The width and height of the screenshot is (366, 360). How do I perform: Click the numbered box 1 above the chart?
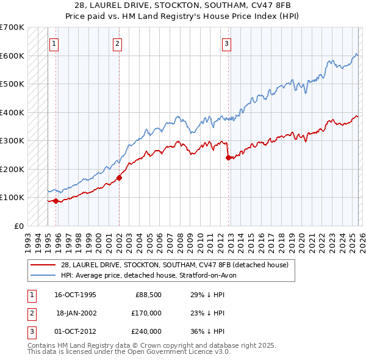pyautogui.click(x=54, y=43)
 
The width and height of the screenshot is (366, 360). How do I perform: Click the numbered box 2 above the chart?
pyautogui.click(x=117, y=43)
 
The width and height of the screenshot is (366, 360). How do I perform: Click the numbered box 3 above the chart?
pyautogui.click(x=226, y=43)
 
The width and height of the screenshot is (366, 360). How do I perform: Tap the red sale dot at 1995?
pyautogui.click(x=56, y=201)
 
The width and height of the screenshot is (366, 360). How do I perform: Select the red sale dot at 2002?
pyautogui.click(x=119, y=178)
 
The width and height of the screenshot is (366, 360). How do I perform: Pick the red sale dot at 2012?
pyautogui.click(x=228, y=157)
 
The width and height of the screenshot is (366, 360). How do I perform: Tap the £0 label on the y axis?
pyautogui.click(x=18, y=226)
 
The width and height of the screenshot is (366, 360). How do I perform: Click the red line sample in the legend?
pyautogui.click(x=43, y=265)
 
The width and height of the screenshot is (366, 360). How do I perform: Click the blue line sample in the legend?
pyautogui.click(x=43, y=275)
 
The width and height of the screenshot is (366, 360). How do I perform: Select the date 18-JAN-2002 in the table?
pyautogui.click(x=76, y=313)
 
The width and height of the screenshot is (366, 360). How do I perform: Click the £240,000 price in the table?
pyautogui.click(x=146, y=331)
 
